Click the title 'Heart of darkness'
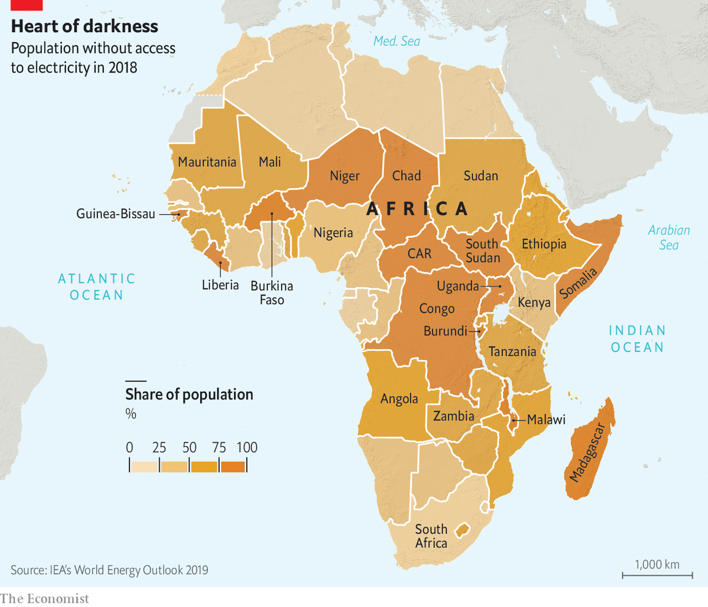tap(85, 26)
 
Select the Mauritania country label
tap(207, 162)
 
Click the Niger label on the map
tap(345, 176)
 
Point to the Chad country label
tap(407, 176)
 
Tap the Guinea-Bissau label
tap(116, 214)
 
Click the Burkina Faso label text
tap(272, 293)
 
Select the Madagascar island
tap(591, 451)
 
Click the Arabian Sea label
tap(669, 238)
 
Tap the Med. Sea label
tap(397, 41)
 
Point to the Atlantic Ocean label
tap(97, 287)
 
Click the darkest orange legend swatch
tap(233, 466)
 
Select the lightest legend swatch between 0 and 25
tap(144, 466)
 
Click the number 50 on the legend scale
tap(190, 448)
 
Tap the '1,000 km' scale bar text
tap(657, 564)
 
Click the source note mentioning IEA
tap(110, 570)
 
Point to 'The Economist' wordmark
tap(44, 599)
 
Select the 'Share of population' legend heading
tap(189, 395)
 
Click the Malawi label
tap(546, 420)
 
